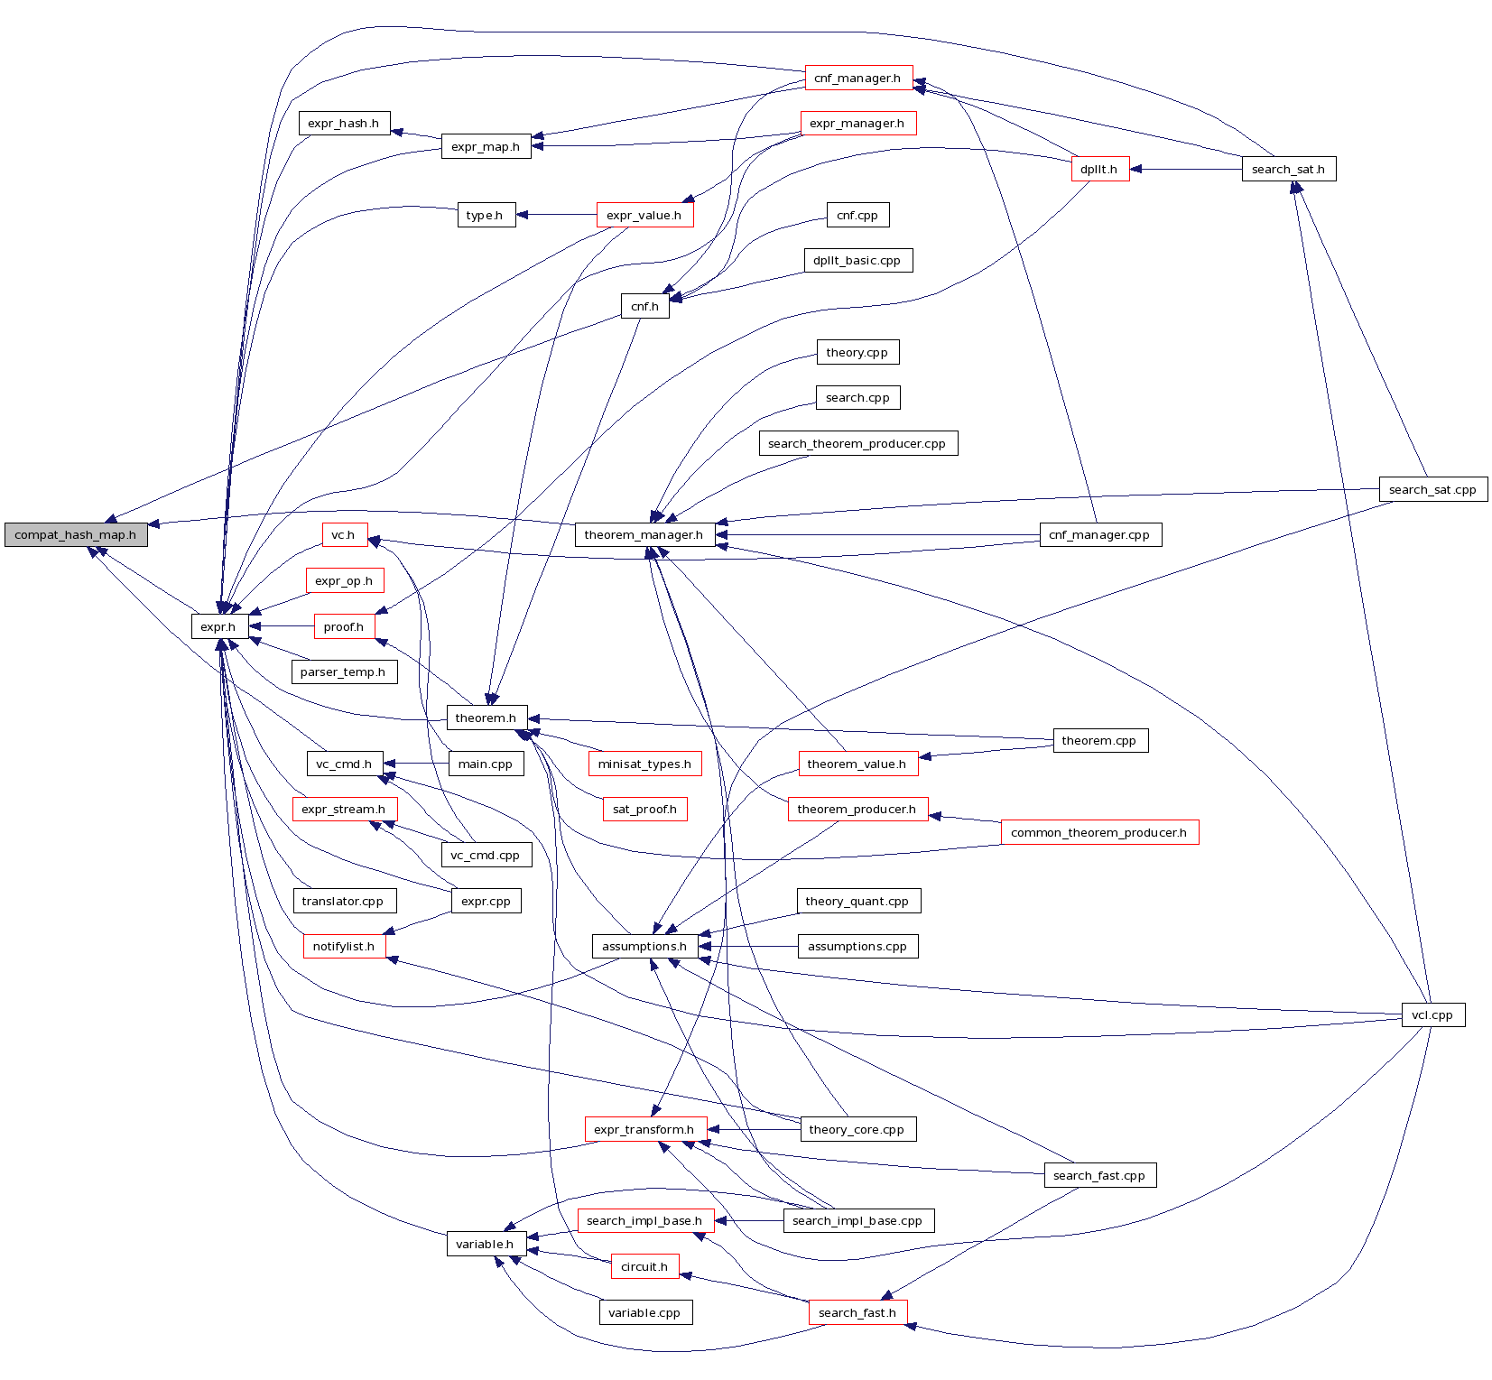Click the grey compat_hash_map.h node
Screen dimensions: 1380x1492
(x=76, y=534)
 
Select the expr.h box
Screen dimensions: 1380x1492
(x=218, y=626)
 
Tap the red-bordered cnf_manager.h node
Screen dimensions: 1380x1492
(x=857, y=78)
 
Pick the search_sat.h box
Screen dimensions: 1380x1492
(x=1288, y=169)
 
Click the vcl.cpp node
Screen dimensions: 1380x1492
(x=1432, y=1014)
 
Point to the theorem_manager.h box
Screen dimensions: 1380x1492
(x=644, y=534)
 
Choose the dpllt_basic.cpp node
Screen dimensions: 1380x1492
(x=857, y=260)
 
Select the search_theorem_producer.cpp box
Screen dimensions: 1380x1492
(x=857, y=443)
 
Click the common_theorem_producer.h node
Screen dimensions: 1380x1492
(x=1098, y=832)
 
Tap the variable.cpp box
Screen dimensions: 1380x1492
(x=644, y=1312)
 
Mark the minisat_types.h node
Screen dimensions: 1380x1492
(x=644, y=764)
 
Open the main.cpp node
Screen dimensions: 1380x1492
(x=486, y=764)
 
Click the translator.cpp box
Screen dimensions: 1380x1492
(x=343, y=901)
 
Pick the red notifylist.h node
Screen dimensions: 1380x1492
(x=344, y=946)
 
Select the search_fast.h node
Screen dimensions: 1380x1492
(x=857, y=1312)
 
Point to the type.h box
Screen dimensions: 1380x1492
(x=486, y=215)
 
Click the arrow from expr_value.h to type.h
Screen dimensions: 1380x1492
(x=556, y=215)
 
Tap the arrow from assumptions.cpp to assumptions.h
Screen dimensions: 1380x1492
(x=748, y=946)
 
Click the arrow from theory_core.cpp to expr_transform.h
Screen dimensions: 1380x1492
(x=755, y=1129)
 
